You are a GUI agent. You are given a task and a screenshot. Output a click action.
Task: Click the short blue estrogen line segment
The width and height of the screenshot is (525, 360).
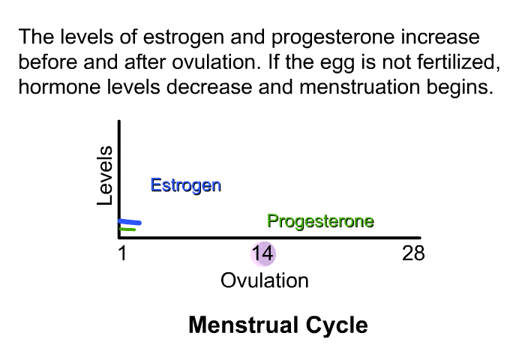pyautogui.click(x=130, y=222)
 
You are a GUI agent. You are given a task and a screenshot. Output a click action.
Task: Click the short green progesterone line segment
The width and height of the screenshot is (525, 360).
pyautogui.click(x=127, y=229)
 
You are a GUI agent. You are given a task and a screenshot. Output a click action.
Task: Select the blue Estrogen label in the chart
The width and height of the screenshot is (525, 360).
pyautogui.click(x=186, y=185)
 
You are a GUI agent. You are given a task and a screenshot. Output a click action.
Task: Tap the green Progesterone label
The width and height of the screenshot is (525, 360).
pyautogui.click(x=320, y=221)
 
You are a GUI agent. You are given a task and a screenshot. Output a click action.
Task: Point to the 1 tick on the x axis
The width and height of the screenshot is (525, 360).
pyautogui.click(x=122, y=253)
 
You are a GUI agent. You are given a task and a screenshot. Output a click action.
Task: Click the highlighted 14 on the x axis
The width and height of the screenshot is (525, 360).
pyautogui.click(x=262, y=253)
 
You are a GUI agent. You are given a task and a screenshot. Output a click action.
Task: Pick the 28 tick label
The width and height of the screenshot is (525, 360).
pyautogui.click(x=413, y=253)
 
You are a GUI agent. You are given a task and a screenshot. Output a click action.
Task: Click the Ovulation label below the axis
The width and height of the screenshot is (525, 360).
pyautogui.click(x=265, y=280)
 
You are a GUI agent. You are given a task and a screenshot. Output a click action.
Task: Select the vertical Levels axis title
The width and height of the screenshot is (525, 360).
pyautogui.click(x=104, y=175)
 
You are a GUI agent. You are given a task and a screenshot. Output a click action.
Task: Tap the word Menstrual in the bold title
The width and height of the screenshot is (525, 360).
pyautogui.click(x=244, y=325)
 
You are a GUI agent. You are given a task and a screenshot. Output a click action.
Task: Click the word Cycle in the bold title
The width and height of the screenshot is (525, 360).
pyautogui.click(x=337, y=325)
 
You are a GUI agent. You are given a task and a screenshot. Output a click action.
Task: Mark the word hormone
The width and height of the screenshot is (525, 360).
pyautogui.click(x=59, y=87)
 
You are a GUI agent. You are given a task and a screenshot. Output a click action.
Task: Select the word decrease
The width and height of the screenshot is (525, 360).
pyautogui.click(x=209, y=87)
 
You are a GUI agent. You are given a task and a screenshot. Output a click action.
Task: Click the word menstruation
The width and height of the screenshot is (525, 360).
pyautogui.click(x=359, y=87)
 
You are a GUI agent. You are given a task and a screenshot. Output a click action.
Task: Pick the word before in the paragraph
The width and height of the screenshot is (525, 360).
pyautogui.click(x=48, y=62)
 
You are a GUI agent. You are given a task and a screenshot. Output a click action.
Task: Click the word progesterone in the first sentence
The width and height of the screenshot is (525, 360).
pyautogui.click(x=333, y=38)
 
